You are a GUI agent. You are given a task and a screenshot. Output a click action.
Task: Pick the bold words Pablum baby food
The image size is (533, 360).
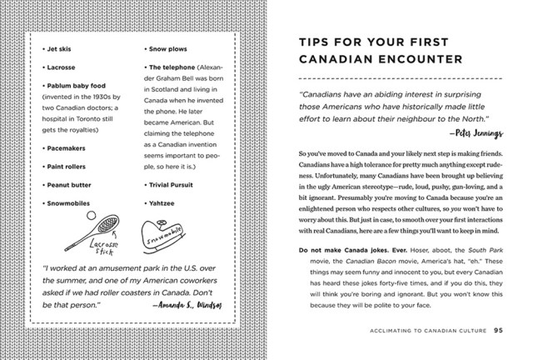click(x=79, y=84)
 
